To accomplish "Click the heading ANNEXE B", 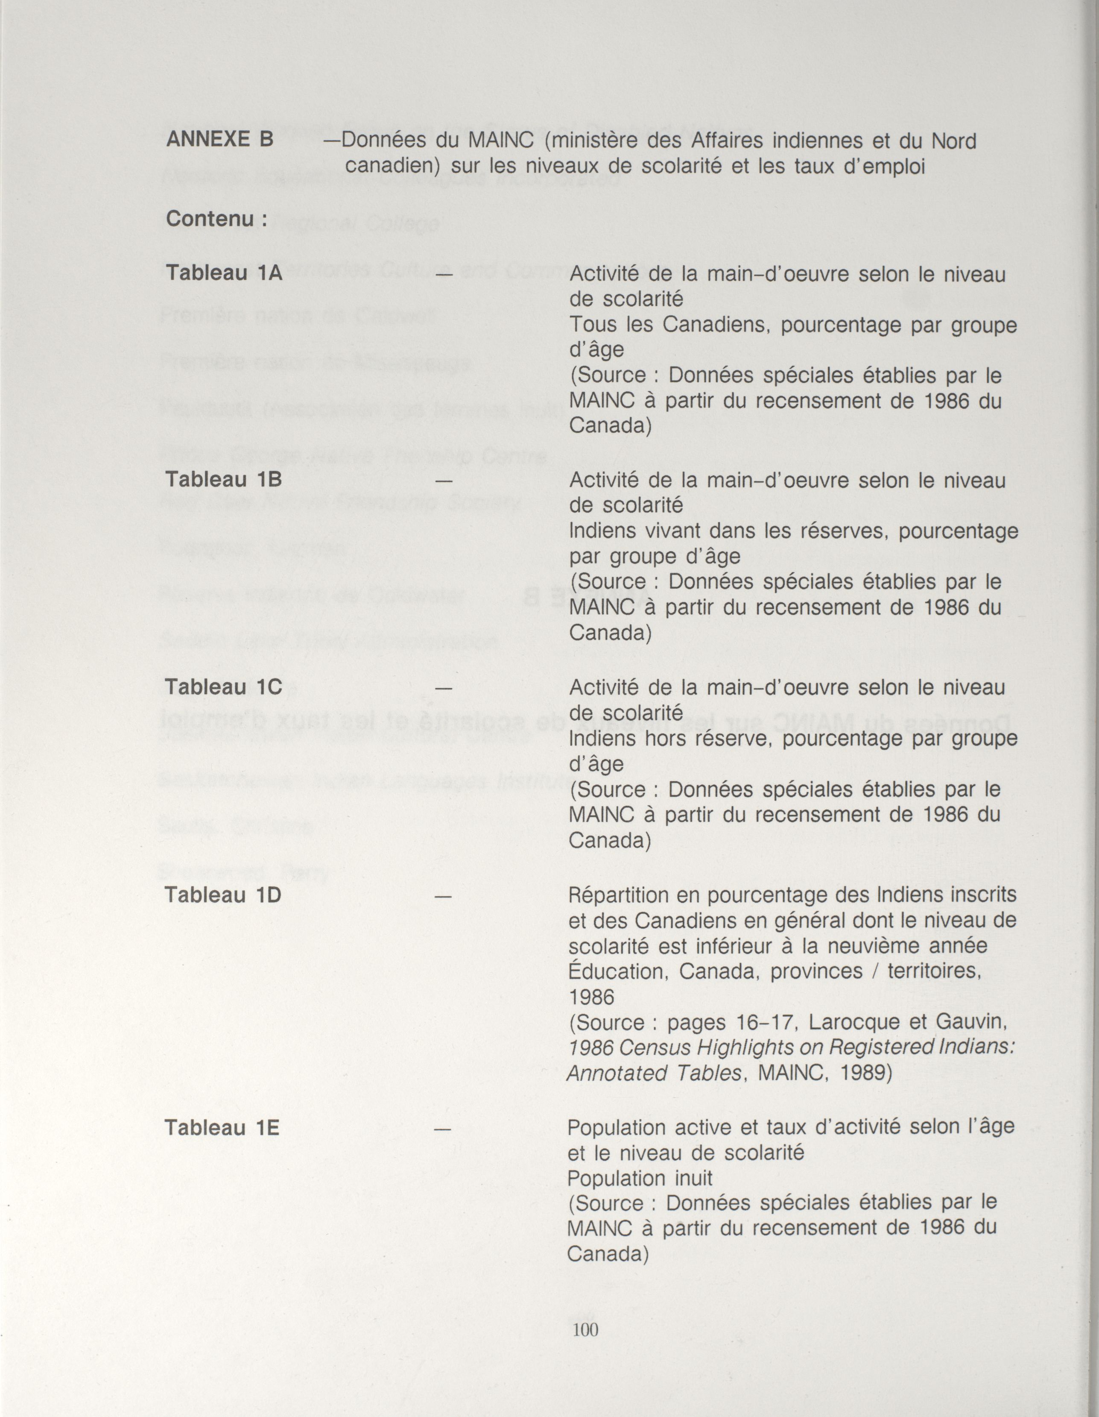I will click(x=220, y=140).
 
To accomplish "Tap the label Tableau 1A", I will click(x=224, y=273).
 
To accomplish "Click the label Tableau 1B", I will click(x=224, y=479).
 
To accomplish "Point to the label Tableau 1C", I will click(x=224, y=686).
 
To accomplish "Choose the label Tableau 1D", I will click(x=223, y=895).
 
